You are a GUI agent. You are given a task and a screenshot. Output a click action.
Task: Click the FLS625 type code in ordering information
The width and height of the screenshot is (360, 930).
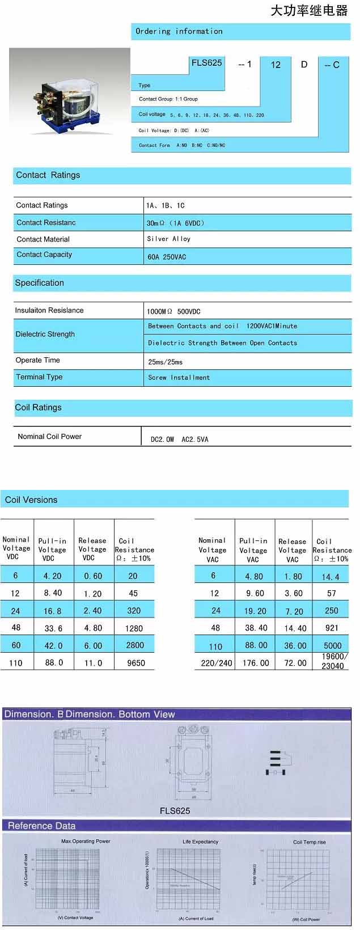206,63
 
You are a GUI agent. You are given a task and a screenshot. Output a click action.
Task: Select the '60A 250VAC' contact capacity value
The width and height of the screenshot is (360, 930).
166,257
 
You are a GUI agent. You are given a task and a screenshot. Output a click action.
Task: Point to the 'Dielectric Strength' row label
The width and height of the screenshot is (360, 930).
45,334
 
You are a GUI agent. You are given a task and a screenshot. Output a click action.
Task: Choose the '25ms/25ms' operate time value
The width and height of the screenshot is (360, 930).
165,362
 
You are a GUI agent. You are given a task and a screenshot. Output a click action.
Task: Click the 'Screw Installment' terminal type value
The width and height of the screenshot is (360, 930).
179,377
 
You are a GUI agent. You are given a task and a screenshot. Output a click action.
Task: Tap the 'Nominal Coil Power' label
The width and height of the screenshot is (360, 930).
50,436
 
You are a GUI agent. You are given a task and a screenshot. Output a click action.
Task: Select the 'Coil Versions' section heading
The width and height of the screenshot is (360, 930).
31,500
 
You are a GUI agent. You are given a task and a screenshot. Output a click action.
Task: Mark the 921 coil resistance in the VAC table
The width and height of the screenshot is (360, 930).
332,628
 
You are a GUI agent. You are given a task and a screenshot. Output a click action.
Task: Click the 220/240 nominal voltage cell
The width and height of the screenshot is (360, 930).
217,662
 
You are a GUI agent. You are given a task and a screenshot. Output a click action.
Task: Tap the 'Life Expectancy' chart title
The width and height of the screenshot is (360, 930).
200,842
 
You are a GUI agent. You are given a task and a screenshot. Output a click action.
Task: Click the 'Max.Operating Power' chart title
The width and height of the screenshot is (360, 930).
86,841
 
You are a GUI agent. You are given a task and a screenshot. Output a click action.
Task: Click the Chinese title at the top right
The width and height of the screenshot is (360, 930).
308,11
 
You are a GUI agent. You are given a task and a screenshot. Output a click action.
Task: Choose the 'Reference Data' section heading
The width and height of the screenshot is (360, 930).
41,826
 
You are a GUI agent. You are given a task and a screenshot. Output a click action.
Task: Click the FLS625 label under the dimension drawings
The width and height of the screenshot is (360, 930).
175,811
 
